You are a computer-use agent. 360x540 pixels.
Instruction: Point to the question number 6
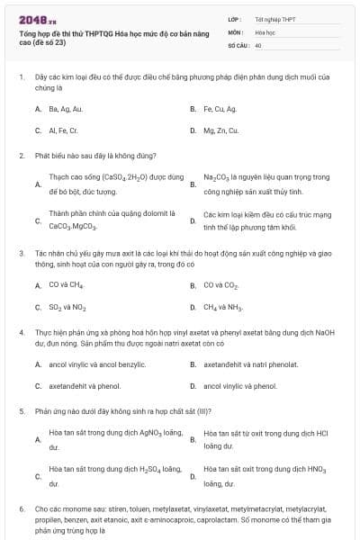pos(22,508)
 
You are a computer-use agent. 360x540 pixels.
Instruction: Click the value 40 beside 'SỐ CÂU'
pos(258,44)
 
